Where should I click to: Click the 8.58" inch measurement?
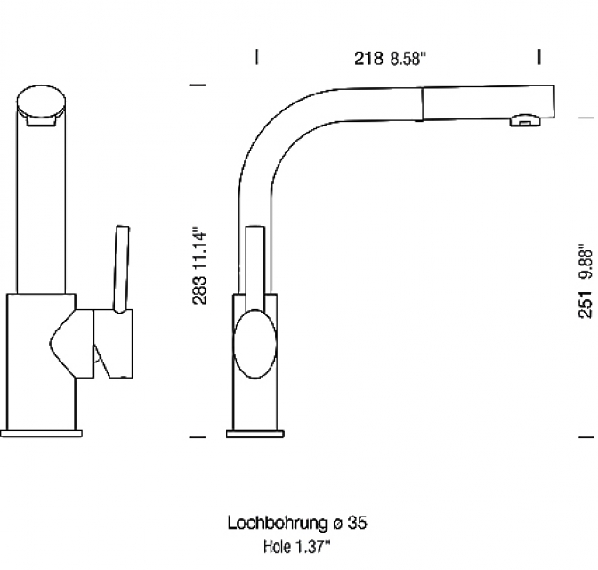(408, 60)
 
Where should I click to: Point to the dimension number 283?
(200, 288)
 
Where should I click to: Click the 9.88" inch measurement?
(585, 262)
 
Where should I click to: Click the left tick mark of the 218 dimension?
(257, 57)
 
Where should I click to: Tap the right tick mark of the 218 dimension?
(539, 57)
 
